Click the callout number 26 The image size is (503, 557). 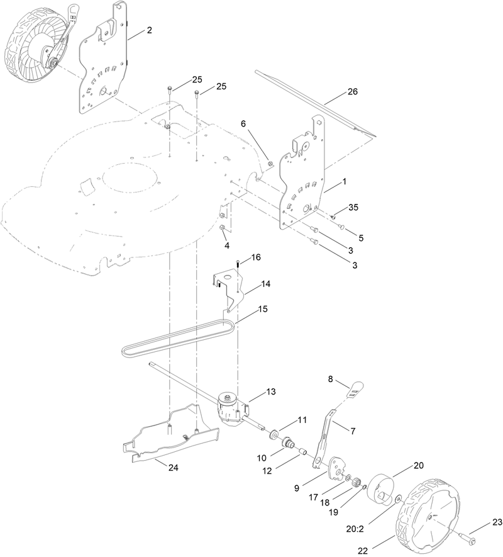point(352,92)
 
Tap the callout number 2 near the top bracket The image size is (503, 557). point(149,30)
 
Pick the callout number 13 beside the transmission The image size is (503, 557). point(271,391)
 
